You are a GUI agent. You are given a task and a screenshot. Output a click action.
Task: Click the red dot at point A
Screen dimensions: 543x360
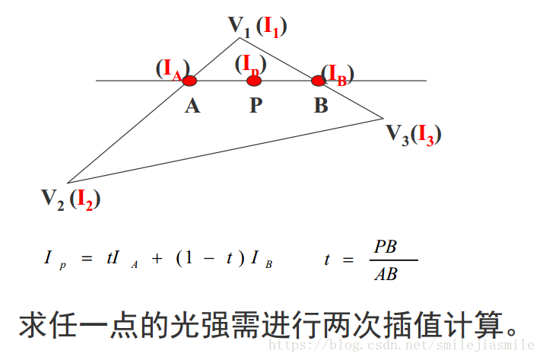click(x=190, y=81)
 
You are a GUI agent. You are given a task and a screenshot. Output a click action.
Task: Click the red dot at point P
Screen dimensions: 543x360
click(x=254, y=81)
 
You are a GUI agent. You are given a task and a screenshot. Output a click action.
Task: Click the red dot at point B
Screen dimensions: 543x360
click(x=318, y=81)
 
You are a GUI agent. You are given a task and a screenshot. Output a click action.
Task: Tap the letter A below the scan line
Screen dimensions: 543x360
click(x=192, y=106)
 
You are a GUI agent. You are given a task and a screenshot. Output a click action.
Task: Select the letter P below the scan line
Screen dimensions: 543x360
click(x=256, y=106)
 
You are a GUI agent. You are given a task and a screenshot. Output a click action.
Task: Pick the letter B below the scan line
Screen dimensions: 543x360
click(x=321, y=106)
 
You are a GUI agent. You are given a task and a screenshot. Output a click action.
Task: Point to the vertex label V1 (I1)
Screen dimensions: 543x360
click(x=257, y=26)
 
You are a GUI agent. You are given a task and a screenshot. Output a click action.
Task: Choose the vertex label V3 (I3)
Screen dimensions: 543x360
click(x=413, y=135)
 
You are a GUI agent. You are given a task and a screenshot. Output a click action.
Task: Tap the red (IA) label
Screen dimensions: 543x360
click(x=172, y=69)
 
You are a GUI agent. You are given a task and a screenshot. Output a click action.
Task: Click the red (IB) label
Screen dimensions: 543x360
click(x=338, y=74)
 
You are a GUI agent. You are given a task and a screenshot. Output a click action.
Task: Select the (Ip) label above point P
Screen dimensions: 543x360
click(x=250, y=63)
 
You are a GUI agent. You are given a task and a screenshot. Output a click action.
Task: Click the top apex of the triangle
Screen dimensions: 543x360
click(x=240, y=38)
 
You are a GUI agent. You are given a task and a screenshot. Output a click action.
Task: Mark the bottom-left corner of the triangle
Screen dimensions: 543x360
click(x=68, y=182)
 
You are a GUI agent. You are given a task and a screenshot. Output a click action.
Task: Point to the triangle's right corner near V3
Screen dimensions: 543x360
click(x=383, y=118)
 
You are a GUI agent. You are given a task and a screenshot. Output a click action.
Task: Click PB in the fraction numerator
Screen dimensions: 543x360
click(x=386, y=247)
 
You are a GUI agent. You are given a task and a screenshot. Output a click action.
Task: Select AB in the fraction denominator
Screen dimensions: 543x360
click(x=386, y=273)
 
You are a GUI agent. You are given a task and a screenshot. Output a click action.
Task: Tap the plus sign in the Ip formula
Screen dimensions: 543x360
click(x=157, y=259)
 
